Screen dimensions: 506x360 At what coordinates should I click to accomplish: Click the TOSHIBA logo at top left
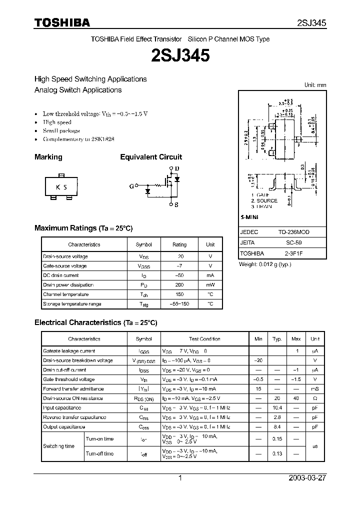[62, 22]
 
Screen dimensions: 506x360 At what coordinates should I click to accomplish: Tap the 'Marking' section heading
[48, 157]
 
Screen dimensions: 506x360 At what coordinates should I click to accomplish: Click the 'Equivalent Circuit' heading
[151, 157]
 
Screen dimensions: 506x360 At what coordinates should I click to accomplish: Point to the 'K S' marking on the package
[61, 187]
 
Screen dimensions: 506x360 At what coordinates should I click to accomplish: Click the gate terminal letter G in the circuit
[131, 186]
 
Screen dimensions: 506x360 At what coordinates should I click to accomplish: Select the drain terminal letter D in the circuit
[176, 168]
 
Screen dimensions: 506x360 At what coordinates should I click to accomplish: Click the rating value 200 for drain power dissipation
[179, 285]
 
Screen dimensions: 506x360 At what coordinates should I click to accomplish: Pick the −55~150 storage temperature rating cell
[179, 304]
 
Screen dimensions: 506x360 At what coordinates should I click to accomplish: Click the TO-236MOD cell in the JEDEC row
[294, 232]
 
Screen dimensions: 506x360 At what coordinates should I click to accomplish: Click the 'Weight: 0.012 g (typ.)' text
[264, 264]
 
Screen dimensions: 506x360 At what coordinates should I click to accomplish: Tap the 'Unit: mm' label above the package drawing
[315, 85]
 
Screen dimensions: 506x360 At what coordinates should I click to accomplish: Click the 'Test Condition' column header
[204, 339]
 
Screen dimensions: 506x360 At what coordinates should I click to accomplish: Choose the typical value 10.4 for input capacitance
[277, 408]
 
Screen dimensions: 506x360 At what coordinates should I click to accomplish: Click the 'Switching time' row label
[58, 446]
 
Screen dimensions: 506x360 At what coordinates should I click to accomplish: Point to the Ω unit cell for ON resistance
[315, 398]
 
